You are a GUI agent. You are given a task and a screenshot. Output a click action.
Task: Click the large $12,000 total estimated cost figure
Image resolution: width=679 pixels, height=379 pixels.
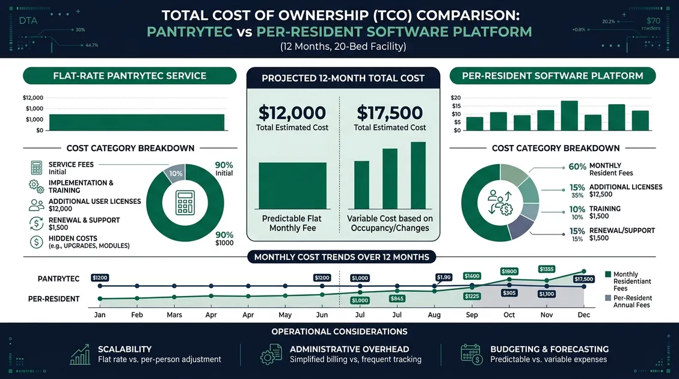pos(292,112)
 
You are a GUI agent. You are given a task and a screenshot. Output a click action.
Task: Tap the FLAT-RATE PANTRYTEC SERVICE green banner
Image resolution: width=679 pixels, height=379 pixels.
pos(129,76)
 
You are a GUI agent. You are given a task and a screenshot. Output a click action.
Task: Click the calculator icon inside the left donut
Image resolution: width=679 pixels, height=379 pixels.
pos(185,203)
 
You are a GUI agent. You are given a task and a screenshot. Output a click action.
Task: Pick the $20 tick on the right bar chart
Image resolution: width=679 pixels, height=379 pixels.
pos(455,98)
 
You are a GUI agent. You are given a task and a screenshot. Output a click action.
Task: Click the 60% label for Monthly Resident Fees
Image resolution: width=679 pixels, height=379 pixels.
pos(577,166)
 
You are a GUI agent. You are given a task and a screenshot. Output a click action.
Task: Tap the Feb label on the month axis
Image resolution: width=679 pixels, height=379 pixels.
pos(137,315)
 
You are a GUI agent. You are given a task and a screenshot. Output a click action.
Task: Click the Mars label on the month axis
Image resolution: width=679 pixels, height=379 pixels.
pos(174,315)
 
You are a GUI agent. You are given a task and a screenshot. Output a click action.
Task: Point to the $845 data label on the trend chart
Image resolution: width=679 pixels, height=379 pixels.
pos(397,298)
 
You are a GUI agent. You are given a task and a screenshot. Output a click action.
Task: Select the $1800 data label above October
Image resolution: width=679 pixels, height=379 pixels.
pos(509,271)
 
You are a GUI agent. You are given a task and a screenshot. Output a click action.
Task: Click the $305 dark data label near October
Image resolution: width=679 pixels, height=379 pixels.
pos(509,293)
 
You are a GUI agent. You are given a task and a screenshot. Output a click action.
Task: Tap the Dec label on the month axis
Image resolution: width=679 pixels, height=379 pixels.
pos(583,315)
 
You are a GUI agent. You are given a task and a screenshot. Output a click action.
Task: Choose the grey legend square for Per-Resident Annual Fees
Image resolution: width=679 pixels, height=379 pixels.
pos(607,298)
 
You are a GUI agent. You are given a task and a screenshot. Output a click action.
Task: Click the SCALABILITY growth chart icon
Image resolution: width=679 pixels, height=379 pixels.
pos(80,354)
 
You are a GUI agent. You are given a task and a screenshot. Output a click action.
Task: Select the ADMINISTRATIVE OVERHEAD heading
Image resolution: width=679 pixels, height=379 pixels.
pos(349,349)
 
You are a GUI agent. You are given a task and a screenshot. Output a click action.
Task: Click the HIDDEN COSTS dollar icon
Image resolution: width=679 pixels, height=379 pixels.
pos(36,242)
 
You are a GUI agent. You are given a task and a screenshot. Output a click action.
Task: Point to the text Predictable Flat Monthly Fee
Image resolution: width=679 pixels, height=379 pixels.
pos(293,223)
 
